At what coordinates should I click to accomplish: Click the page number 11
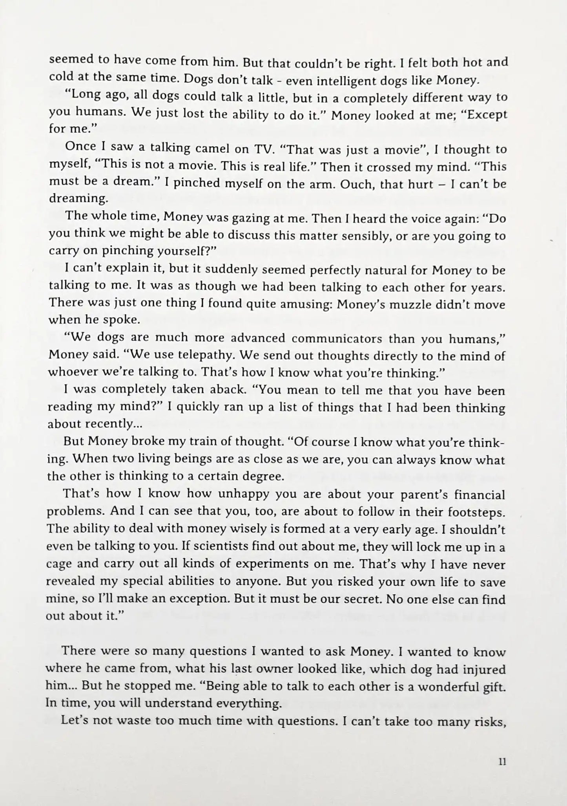501,762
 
